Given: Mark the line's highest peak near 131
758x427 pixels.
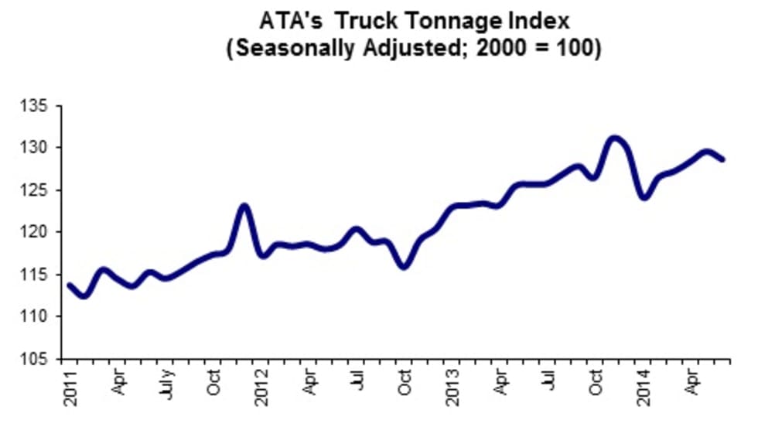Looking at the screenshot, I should tap(614, 139).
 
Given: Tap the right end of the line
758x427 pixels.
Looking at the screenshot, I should tap(722, 159).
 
